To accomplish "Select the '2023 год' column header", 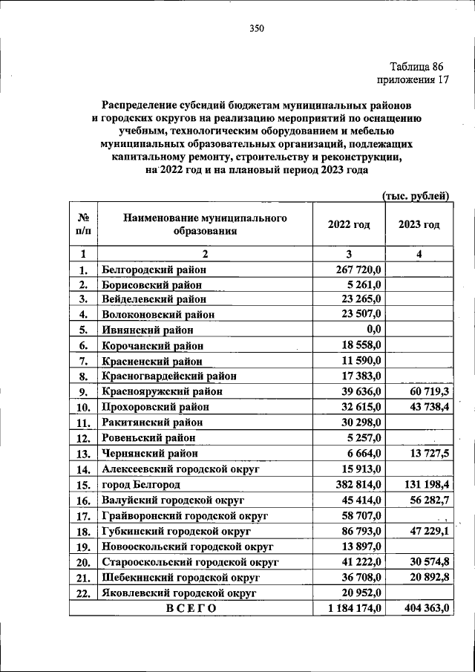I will click(419, 224).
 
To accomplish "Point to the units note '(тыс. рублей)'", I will click(415, 196).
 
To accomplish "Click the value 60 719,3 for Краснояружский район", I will click(425, 391).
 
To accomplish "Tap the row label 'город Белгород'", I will click(140, 483).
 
